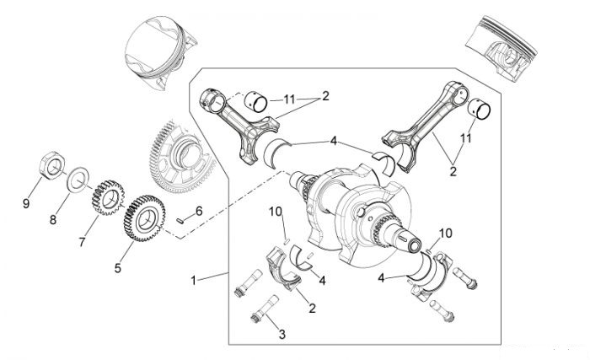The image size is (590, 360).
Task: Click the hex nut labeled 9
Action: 52,165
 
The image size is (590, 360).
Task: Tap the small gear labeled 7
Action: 108,197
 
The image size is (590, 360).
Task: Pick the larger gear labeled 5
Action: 144,218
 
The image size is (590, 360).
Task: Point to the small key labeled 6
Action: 180,220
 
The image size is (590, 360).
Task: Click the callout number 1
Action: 193,281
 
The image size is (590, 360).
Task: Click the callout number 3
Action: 282,334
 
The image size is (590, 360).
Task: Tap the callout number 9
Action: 26,204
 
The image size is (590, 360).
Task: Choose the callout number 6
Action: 199,211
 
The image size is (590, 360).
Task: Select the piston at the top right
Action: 501,49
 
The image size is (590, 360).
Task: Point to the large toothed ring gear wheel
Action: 182,155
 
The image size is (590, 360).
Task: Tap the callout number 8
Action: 53,220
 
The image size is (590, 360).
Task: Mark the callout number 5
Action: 118,268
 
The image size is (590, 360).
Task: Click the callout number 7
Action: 82,242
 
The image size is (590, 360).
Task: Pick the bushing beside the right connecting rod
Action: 479,109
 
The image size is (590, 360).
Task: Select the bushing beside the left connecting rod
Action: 255,101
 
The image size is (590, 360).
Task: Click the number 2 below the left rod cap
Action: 312,308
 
